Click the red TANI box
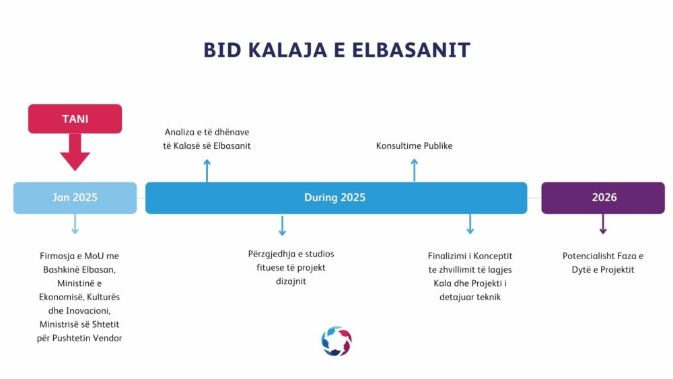point(75,119)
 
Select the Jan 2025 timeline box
point(75,198)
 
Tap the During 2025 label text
point(334,197)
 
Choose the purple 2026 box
point(603,198)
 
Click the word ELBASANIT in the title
point(411,50)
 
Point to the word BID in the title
point(222,50)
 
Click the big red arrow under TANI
point(75,152)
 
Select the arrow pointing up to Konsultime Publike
point(414,170)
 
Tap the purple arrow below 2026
point(603,224)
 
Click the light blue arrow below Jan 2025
point(75,224)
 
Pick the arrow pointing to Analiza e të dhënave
point(207,170)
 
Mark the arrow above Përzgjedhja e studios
point(282,226)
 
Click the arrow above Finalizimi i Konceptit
point(470,224)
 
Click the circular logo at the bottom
point(336,341)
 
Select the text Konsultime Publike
point(414,146)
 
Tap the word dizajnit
point(291,281)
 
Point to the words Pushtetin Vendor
point(87,338)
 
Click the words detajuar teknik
point(470,297)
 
